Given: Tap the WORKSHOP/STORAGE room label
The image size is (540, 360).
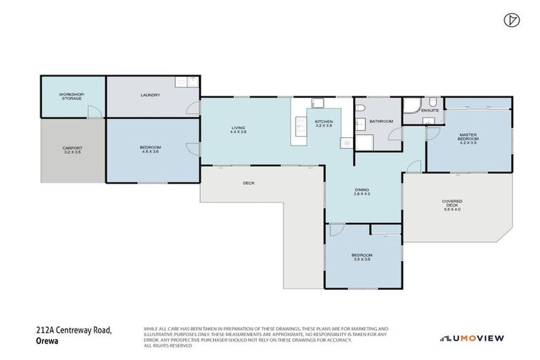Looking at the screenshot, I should pos(71,96).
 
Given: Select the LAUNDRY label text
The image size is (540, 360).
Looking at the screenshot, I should pos(150,95).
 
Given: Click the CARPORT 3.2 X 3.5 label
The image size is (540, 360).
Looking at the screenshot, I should pos(73,150).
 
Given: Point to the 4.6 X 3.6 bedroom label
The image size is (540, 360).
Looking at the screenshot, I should pos(151,149).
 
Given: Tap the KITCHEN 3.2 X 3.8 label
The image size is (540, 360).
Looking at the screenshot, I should pos(323,124).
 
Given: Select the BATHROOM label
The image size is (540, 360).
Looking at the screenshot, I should pos(380,121).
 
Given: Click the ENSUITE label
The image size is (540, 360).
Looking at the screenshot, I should pos(430,110).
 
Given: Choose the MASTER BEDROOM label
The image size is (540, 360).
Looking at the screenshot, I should pos(468,139).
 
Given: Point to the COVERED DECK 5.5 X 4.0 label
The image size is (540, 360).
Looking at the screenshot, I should pos(452,205).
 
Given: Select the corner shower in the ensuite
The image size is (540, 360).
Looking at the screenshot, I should pos(411,106).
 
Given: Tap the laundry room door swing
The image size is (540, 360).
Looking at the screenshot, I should pos(192,108).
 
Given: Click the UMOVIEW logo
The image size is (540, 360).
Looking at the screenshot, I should pos(472,338).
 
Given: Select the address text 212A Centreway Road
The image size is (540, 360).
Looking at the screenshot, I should pos(74,330).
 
